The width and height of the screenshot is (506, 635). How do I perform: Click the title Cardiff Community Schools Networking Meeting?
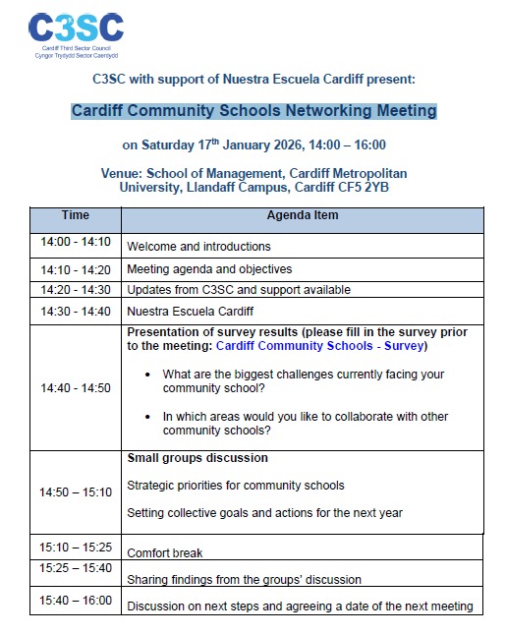(x=253, y=110)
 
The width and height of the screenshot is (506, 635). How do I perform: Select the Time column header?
(x=75, y=215)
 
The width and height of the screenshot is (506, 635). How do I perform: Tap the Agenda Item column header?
(x=303, y=215)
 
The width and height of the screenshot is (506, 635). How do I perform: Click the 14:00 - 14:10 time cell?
(x=75, y=242)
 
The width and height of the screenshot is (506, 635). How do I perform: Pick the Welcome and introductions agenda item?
(x=198, y=247)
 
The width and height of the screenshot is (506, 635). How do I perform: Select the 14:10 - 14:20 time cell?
(x=75, y=268)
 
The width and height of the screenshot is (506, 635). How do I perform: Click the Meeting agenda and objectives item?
(x=209, y=269)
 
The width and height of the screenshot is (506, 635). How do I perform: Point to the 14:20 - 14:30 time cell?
(x=75, y=290)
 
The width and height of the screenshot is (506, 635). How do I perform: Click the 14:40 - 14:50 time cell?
(x=75, y=388)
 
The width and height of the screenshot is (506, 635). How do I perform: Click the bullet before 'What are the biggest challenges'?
(x=147, y=375)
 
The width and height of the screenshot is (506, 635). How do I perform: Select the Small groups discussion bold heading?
(x=197, y=458)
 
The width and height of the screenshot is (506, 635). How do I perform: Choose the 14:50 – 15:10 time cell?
(x=75, y=491)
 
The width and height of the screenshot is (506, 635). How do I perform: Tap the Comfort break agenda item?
(x=164, y=553)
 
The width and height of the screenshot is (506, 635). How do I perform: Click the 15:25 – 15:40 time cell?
(x=75, y=568)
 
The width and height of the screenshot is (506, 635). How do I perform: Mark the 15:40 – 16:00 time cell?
(x=75, y=600)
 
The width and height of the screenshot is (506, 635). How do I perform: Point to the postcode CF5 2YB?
(x=358, y=187)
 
